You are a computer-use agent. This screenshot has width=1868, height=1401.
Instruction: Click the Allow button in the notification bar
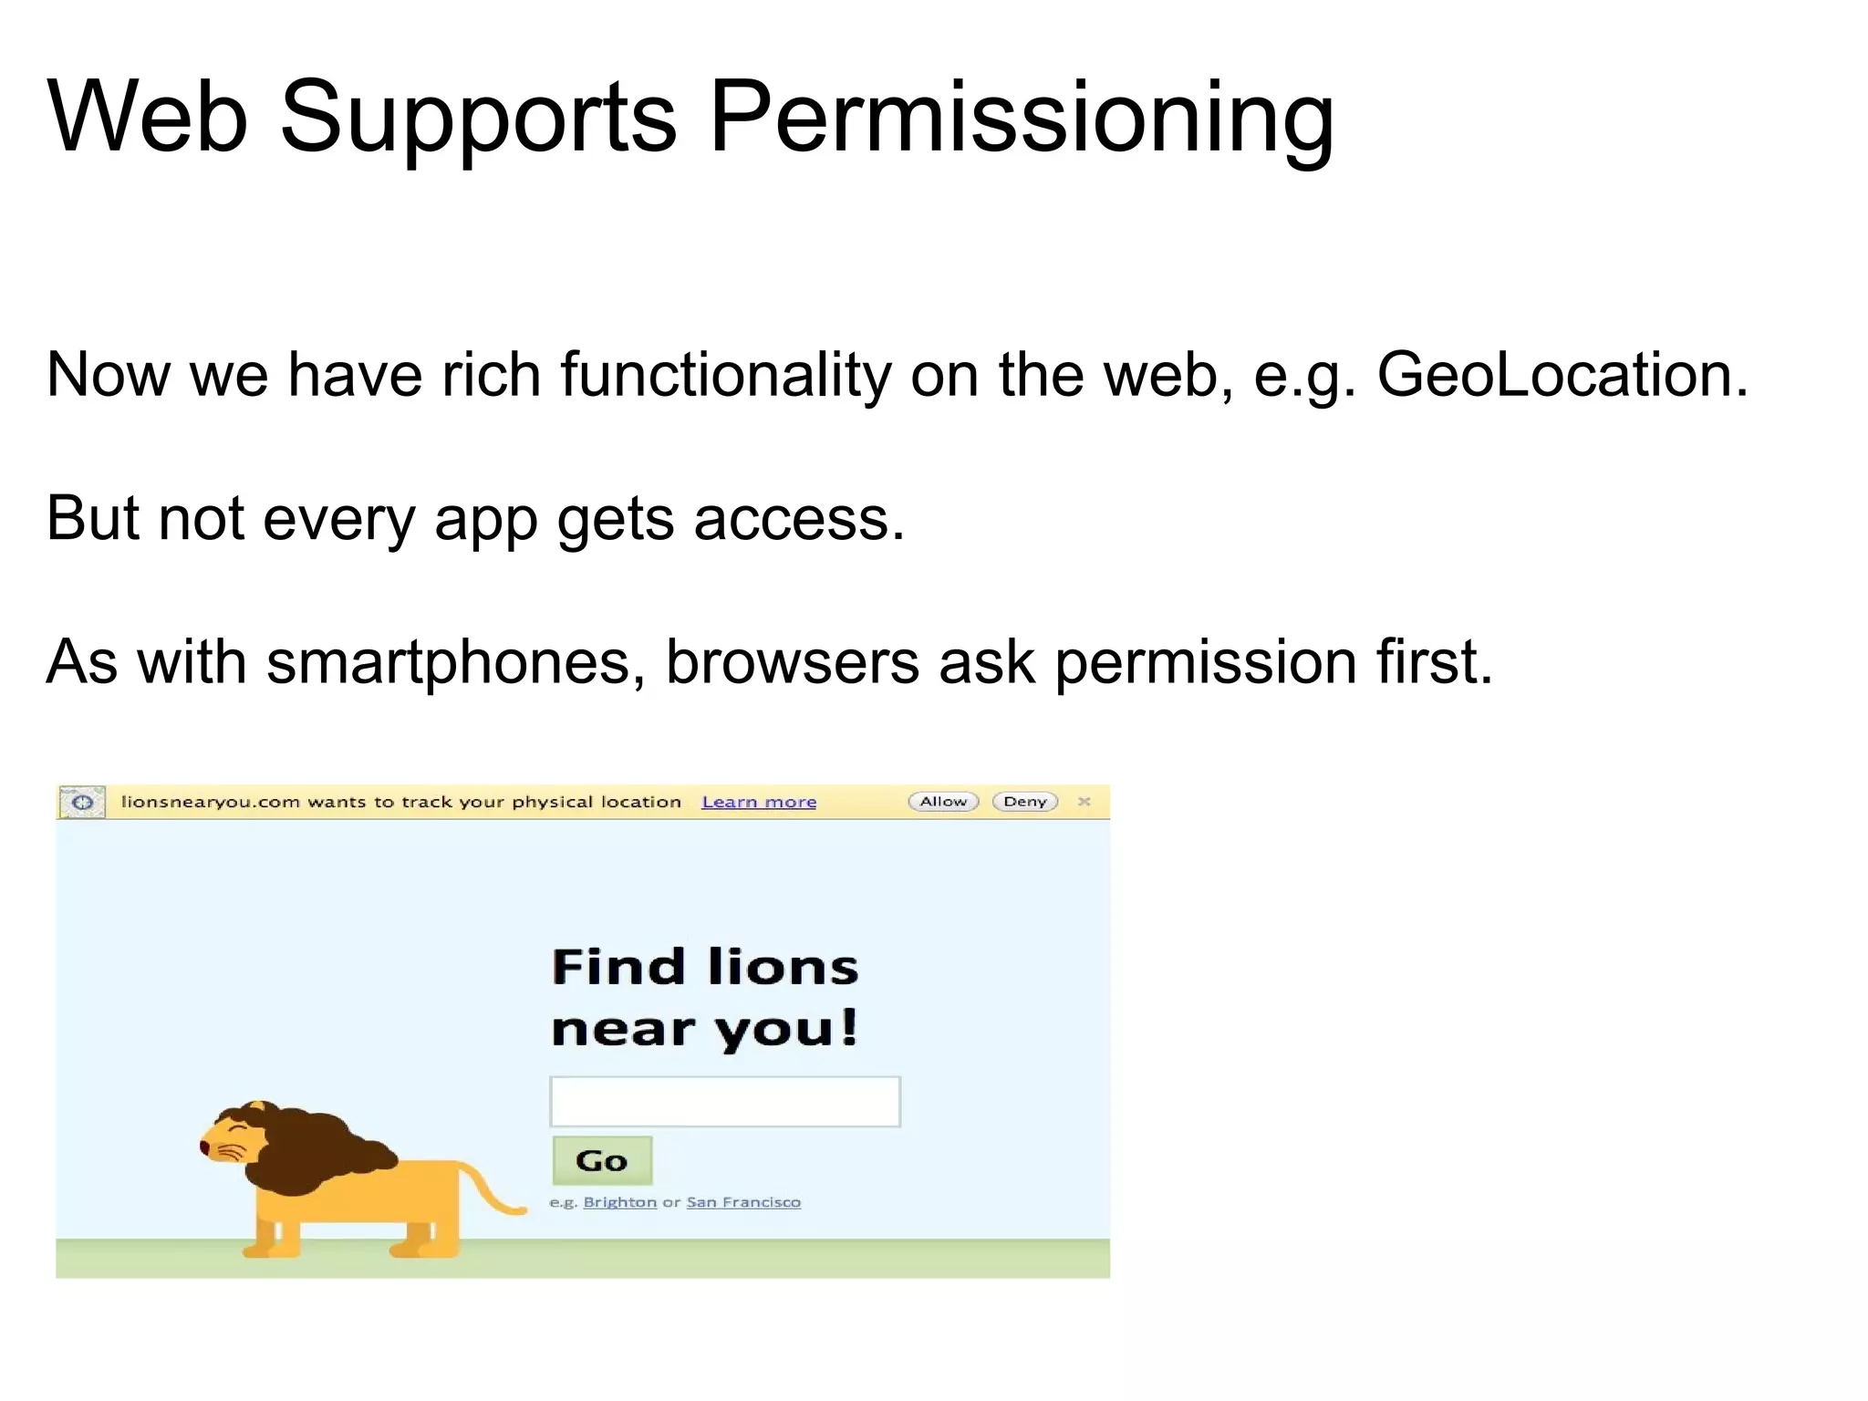tap(943, 802)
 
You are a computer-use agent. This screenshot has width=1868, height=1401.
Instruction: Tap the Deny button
tap(1025, 802)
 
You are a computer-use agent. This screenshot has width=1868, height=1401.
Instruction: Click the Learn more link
tap(759, 802)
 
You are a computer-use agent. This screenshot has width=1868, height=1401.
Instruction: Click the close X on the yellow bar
tap(1084, 802)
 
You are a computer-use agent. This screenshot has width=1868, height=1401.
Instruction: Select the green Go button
tap(602, 1160)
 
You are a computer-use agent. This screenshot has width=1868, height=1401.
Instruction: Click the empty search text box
tap(725, 1102)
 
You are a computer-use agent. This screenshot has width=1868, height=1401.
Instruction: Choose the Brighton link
tap(620, 1202)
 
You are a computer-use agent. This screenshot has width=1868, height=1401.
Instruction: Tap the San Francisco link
tap(743, 1202)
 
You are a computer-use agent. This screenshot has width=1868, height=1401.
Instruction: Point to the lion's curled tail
tap(493, 1195)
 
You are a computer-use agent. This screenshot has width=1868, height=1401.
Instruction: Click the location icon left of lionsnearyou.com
tap(82, 803)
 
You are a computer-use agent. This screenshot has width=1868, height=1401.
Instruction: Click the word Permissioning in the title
tap(1022, 119)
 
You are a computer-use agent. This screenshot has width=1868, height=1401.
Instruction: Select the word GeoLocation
tap(1562, 375)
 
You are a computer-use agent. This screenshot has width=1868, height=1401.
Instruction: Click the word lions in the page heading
tap(783, 967)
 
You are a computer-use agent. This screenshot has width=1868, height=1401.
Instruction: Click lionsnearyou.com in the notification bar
tap(210, 802)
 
